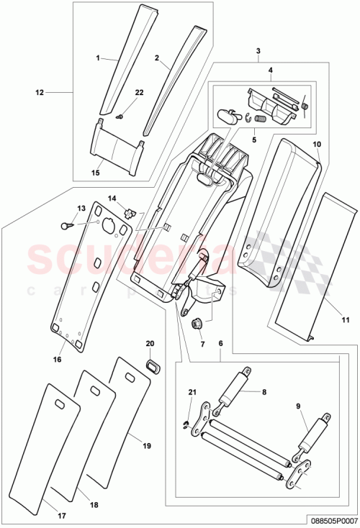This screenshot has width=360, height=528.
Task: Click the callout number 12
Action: click(40, 92)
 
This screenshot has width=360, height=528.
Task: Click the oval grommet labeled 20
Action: click(150, 365)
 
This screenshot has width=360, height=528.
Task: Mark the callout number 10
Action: click(316, 145)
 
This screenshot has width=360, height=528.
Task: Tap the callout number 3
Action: click(258, 51)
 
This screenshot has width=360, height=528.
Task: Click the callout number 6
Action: click(221, 344)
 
